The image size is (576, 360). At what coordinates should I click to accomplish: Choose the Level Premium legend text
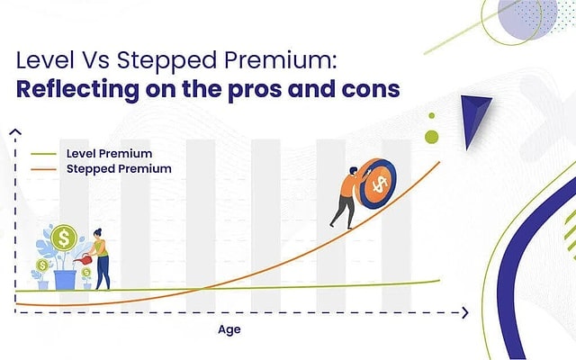[103, 154]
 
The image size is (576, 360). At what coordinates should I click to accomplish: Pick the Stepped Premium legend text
[112, 168]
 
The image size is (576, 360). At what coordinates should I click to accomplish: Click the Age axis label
[229, 329]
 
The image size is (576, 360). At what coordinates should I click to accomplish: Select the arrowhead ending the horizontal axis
[464, 312]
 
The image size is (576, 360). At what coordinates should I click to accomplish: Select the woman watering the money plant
[101, 261]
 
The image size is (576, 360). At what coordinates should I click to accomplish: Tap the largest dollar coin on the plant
[62, 238]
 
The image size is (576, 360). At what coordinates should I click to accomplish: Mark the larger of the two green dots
[431, 137]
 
